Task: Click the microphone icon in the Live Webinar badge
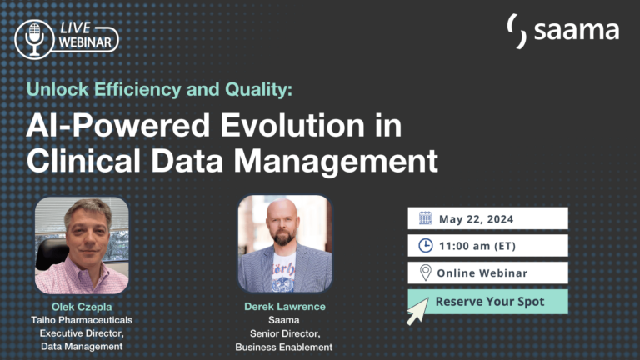(34, 38)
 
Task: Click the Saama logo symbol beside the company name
(517, 31)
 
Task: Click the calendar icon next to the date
(425, 218)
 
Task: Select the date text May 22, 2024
(477, 219)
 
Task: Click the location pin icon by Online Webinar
(425, 272)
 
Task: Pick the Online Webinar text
(483, 272)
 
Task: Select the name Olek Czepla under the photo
(81, 306)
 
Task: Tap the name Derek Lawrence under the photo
(284, 307)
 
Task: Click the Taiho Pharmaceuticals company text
(81, 319)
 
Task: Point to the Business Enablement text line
(284, 347)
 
